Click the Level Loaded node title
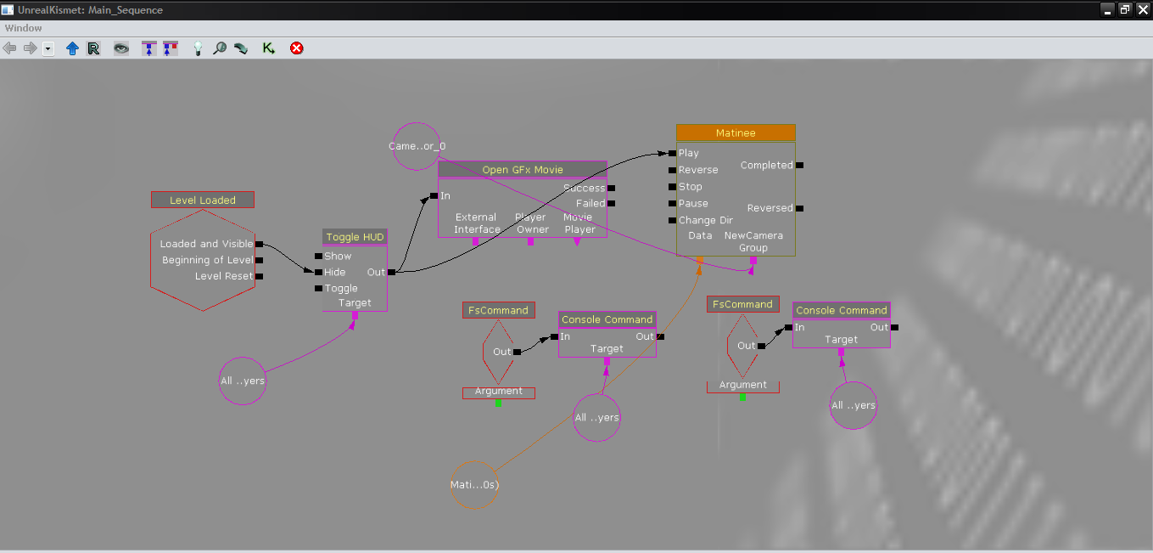(203, 200)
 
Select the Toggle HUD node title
(355, 237)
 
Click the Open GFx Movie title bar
(523, 169)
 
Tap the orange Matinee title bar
(736, 133)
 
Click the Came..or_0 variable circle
(417, 146)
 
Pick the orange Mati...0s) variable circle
(474, 485)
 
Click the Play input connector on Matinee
(671, 153)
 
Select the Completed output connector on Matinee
(799, 165)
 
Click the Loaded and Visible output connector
(259, 244)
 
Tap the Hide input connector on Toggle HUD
(318, 272)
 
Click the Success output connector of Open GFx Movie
(611, 188)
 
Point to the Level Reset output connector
(259, 276)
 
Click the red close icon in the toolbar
(296, 48)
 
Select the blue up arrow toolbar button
(72, 48)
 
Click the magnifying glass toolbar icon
(219, 48)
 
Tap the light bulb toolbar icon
(198, 48)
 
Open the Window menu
(23, 28)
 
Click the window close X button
(1141, 9)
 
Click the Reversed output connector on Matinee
(799, 207)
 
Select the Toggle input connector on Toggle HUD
(318, 288)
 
